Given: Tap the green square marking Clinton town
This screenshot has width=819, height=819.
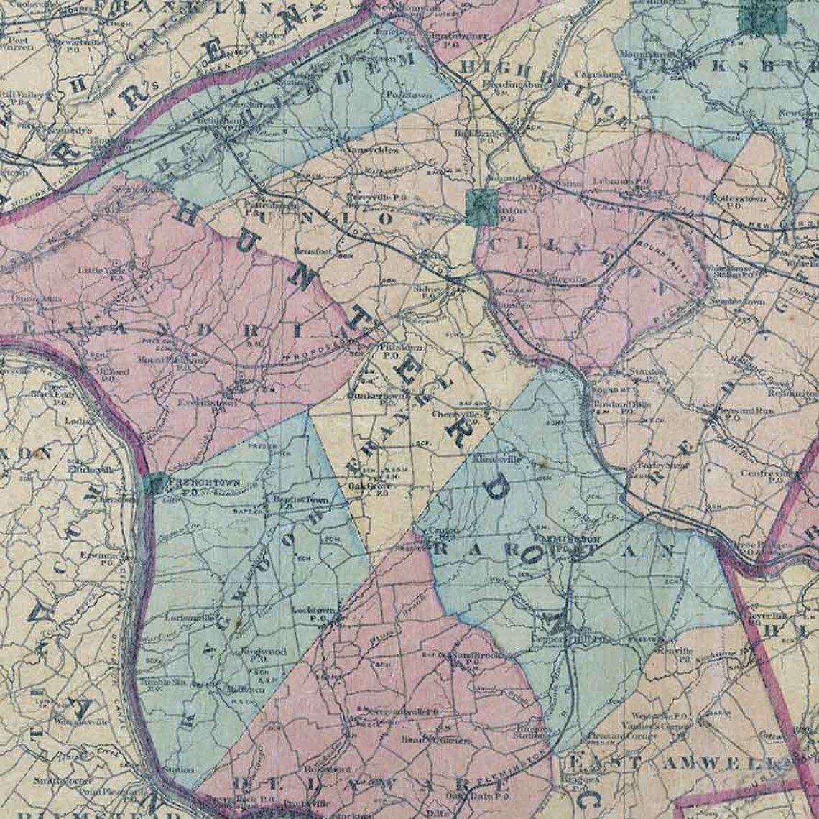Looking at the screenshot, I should pos(481,208).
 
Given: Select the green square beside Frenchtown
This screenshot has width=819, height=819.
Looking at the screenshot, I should pos(152,484).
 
